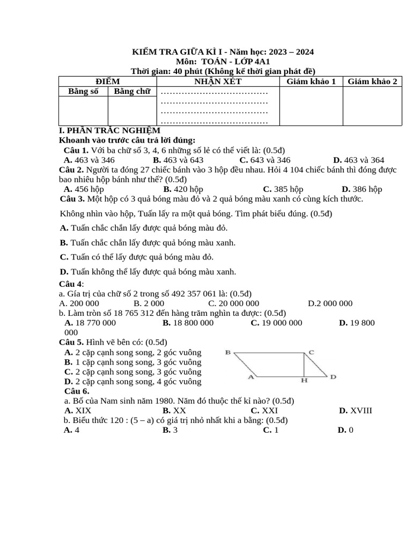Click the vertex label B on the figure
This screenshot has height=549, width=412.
click(x=228, y=353)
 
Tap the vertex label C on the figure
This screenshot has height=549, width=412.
click(x=311, y=352)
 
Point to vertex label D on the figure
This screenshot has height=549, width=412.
click(x=333, y=377)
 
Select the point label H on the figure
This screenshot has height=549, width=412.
click(x=304, y=381)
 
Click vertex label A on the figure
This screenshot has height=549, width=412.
click(x=251, y=377)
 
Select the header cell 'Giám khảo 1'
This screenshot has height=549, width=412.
click(x=311, y=81)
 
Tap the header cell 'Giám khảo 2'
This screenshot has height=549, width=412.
click(x=372, y=81)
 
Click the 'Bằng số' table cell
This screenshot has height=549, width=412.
click(x=83, y=92)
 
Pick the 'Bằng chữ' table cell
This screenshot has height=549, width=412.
click(x=132, y=92)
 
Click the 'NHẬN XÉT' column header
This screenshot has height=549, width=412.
click(x=218, y=81)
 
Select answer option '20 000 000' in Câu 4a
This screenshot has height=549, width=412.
click(x=233, y=303)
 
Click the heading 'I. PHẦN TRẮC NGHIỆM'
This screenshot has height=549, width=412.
click(x=109, y=130)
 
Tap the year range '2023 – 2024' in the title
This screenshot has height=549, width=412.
click(x=292, y=52)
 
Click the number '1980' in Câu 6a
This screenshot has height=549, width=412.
click(x=160, y=401)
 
